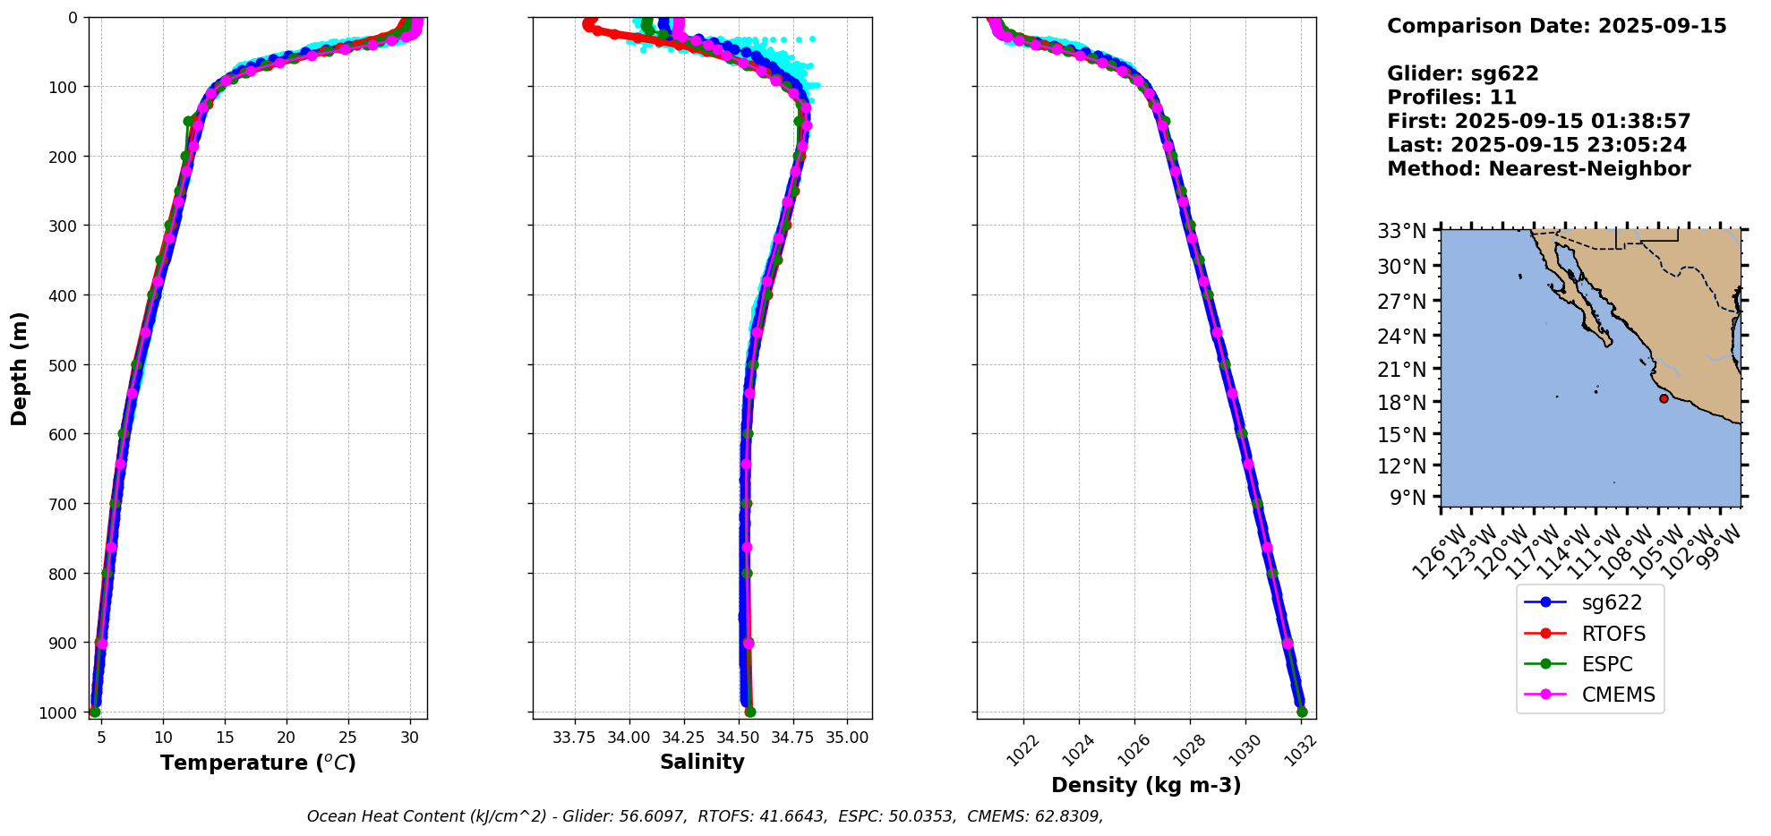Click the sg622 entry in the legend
tap(1612, 603)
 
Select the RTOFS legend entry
tap(1613, 634)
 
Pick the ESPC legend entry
tap(1607, 664)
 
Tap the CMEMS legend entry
tap(1618, 695)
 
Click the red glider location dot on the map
tap(1664, 398)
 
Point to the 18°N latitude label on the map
tap(1402, 403)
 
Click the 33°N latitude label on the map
tap(1402, 232)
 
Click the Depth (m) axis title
tap(20, 368)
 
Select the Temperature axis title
tap(258, 763)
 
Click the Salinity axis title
tap(702, 762)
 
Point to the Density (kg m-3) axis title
tap(1146, 785)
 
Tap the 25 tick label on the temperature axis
tap(347, 738)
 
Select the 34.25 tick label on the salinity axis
tap(684, 738)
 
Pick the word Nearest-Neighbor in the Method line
tap(1589, 169)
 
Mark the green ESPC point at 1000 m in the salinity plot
tap(750, 712)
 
